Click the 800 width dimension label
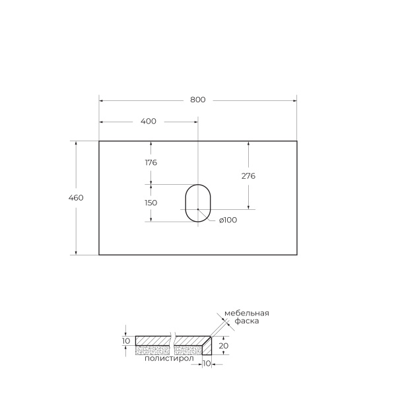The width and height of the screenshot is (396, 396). click(x=198, y=100)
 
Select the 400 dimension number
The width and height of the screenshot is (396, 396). click(x=148, y=121)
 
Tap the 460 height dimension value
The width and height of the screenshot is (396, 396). click(x=76, y=197)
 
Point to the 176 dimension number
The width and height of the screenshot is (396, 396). click(x=150, y=162)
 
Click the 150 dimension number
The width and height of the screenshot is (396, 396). click(x=150, y=203)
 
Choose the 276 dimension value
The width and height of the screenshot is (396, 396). click(x=248, y=176)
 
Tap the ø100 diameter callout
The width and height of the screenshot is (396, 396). click(x=227, y=220)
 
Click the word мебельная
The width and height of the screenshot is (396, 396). click(x=247, y=313)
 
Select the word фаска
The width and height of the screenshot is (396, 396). click(x=246, y=321)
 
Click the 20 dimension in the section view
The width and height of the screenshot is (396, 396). click(x=224, y=345)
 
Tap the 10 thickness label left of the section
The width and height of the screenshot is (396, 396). click(x=127, y=341)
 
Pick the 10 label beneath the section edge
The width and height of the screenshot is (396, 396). click(x=207, y=363)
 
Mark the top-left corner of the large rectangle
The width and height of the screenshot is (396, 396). click(x=99, y=141)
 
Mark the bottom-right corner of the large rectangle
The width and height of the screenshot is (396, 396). click(x=296, y=255)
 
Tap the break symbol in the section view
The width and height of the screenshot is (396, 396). click(x=172, y=341)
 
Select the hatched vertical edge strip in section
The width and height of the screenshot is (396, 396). click(x=207, y=346)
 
